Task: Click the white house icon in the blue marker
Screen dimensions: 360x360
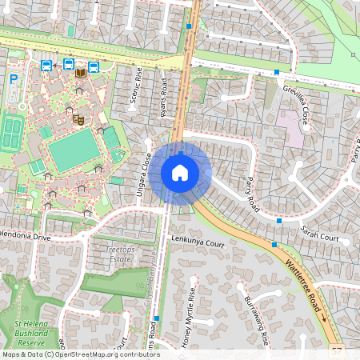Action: pos(180,173)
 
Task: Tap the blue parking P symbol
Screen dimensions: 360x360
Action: pos(13,79)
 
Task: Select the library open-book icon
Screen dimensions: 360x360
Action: pos(80,73)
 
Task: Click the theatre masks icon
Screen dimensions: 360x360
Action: pos(78,119)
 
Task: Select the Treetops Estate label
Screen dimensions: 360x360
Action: pos(121,254)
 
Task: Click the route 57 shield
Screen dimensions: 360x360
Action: pos(336,350)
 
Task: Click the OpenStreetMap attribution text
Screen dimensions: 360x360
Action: pos(80,354)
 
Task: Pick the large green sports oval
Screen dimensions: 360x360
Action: pos(74,150)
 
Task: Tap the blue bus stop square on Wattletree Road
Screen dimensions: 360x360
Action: pos(274,244)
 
